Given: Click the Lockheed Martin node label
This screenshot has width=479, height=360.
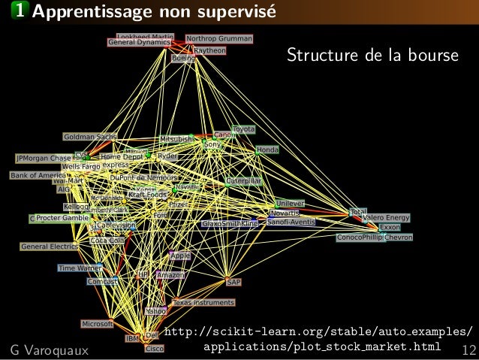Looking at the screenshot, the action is [145, 36].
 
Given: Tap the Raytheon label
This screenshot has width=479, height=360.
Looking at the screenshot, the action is [209, 50].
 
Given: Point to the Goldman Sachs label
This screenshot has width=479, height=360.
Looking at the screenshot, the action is [90, 137].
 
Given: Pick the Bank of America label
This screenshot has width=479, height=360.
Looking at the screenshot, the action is [38, 175].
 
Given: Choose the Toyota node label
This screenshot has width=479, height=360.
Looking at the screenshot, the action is [244, 130].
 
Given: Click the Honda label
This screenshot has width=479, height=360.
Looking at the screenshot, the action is [267, 150].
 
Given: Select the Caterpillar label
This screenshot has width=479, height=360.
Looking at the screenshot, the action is [244, 181].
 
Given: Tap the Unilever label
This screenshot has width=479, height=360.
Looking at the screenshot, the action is [289, 204].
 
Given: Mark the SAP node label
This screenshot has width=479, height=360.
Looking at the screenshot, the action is [233, 282].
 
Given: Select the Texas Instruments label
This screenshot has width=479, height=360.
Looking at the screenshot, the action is [203, 302].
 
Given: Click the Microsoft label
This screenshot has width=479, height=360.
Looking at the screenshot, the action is [98, 323].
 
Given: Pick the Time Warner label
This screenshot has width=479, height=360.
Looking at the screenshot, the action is [80, 268].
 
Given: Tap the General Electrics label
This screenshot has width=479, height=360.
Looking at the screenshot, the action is [50, 247].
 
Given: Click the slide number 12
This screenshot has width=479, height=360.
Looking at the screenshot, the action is [470, 349].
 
